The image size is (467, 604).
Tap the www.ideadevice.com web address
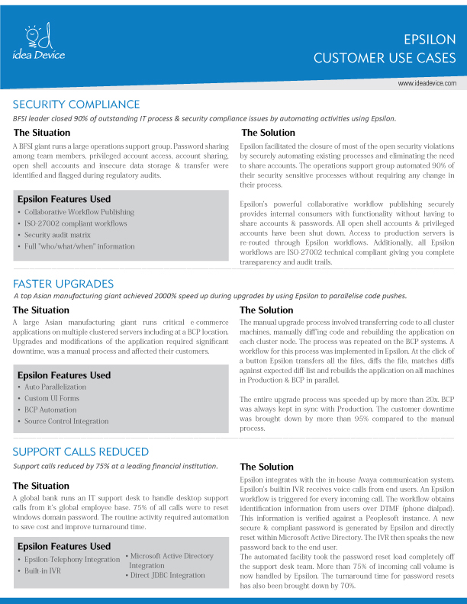pos(427,82)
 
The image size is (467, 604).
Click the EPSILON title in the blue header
pos(430,40)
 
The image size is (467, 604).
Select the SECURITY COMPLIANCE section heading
pos(76,104)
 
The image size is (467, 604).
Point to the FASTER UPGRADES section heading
pos(63,284)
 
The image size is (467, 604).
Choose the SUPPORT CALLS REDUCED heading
pos(81,452)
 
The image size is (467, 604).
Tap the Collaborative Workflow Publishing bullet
pos(79,212)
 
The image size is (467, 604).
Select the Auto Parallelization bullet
pos(55,387)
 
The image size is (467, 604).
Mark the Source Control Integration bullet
pos(66,421)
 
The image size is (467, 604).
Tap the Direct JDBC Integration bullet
pos(169,577)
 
